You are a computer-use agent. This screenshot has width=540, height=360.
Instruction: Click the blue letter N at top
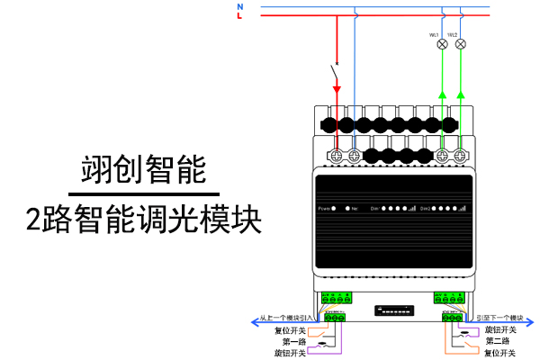tap(239, 6)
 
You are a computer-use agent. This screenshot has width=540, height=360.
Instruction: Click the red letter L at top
tap(239, 16)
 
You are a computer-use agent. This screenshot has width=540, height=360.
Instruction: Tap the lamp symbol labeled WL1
tap(442, 43)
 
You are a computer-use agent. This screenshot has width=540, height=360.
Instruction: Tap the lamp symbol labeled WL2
tap(460, 43)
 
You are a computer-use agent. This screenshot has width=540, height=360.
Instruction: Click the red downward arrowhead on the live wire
tap(337, 89)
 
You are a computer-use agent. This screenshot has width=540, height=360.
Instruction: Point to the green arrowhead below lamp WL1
tap(442, 94)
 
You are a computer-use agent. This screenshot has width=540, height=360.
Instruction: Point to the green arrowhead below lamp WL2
tap(460, 94)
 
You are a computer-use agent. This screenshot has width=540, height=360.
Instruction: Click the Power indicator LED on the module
tap(336, 209)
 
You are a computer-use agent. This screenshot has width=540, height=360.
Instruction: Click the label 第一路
tap(294, 341)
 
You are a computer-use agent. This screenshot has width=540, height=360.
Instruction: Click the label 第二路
tap(498, 341)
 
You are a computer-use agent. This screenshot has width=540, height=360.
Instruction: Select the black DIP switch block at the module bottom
tap(395, 310)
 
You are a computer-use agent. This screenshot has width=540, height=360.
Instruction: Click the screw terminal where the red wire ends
tap(338, 155)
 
